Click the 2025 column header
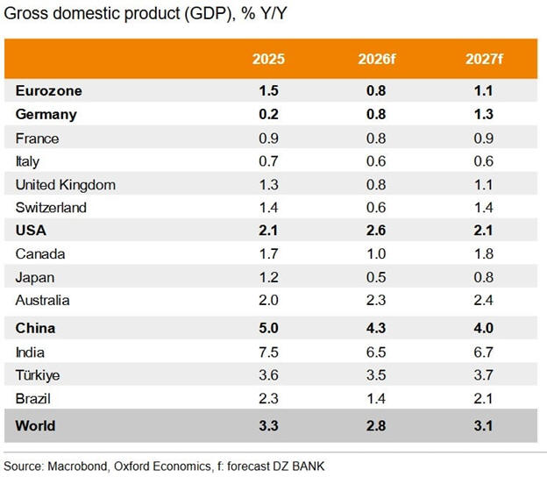[268, 60]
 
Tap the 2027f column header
[483, 60]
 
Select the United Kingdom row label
[66, 184]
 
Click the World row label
[36, 426]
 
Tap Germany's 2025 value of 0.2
[268, 114]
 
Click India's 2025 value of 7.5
[268, 352]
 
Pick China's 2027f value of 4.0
[483, 328]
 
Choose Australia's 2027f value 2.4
[483, 300]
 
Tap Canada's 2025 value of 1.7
[268, 254]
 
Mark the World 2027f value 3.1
[483, 426]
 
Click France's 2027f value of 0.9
[483, 138]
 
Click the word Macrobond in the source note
[80, 466]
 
